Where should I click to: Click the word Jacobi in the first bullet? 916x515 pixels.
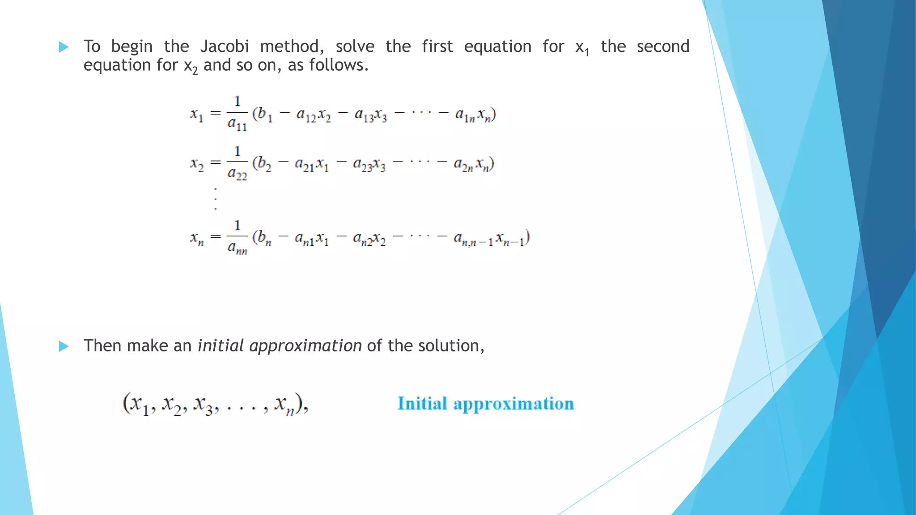tap(225, 46)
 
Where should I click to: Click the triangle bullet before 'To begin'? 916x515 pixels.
tap(64, 47)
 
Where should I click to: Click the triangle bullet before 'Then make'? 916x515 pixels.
tap(64, 346)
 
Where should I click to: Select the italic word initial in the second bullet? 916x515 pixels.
tap(221, 346)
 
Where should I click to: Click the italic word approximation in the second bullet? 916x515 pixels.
tap(305, 346)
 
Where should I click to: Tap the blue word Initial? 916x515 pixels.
tap(422, 404)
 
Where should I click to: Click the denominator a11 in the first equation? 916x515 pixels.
tap(237, 124)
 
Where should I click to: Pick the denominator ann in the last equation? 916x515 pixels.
tap(237, 248)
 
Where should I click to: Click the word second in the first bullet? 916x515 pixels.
tap(663, 46)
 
